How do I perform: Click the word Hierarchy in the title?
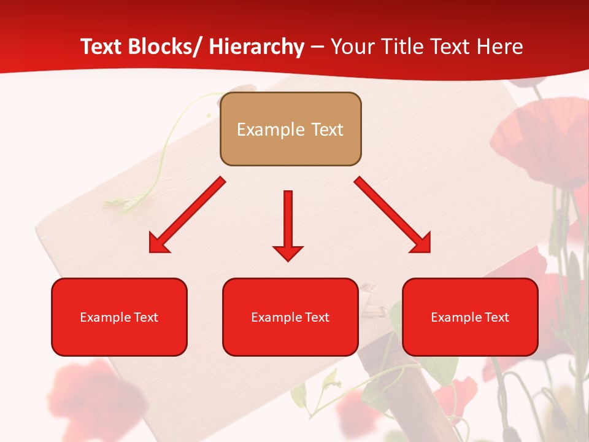256,47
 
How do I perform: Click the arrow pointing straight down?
288,218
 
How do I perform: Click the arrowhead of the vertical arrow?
288,252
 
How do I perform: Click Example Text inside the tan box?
290,130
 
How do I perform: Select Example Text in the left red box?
119,317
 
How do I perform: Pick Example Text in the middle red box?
290,317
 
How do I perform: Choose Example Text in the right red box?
470,317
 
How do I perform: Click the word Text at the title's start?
102,47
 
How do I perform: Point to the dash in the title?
317,47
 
